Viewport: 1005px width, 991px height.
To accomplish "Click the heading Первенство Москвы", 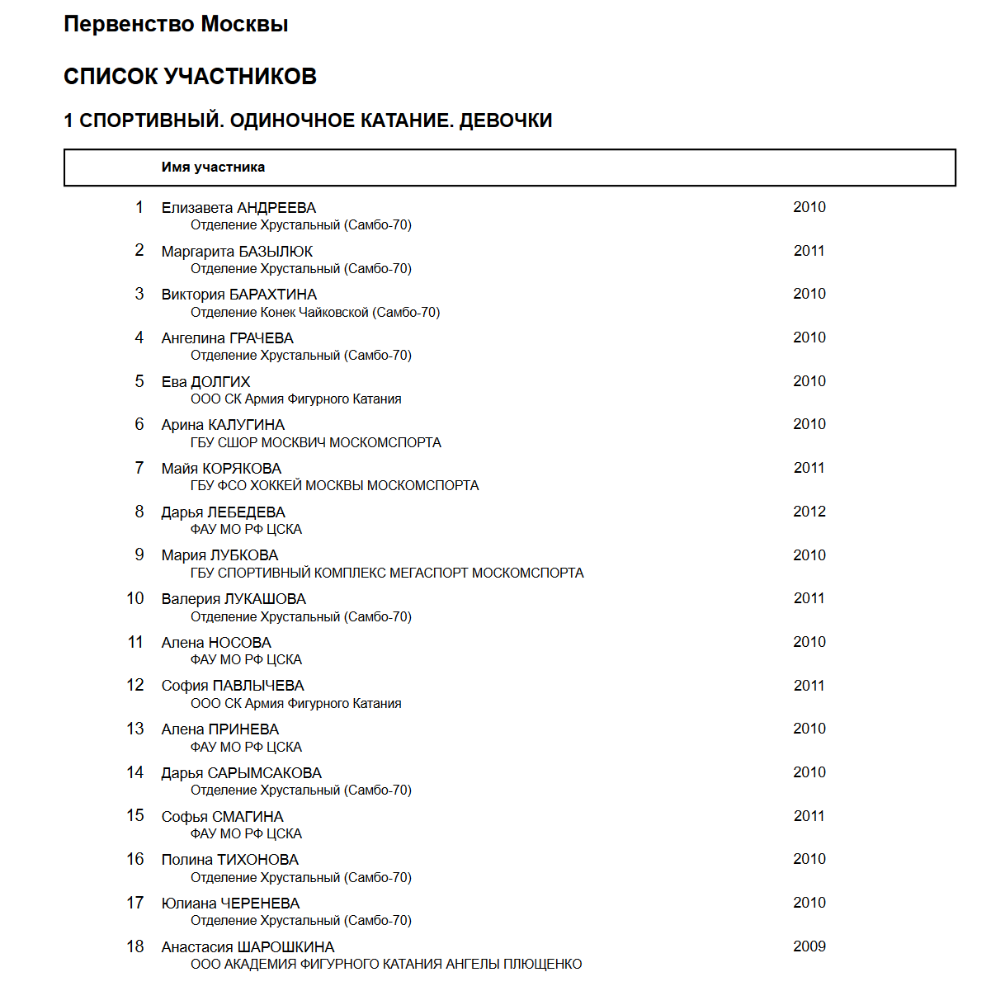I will pos(176,25).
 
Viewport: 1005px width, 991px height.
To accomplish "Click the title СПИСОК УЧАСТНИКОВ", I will pos(190,77).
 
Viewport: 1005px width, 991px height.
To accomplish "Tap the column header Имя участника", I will pos(213,168).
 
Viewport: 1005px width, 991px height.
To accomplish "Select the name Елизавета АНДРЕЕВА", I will pos(238,208).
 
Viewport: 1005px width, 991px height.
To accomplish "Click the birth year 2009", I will pos(809,946).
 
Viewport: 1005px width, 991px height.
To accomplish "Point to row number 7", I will pos(139,468).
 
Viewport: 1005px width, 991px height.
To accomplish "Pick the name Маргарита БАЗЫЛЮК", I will pos(237,252).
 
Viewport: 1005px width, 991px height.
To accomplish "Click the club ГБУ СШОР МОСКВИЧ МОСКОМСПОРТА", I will pos(315,442).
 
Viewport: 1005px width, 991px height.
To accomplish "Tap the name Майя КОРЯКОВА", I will pos(221,469).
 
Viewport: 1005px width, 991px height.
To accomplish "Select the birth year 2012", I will pos(809,512).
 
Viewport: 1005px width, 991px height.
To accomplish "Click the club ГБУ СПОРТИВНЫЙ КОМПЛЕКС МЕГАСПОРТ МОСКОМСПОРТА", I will pos(387,573).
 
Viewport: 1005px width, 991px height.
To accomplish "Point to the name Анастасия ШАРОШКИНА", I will pos(248,947).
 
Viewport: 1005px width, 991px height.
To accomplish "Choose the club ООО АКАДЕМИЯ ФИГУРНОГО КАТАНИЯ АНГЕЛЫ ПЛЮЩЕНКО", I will pos(386,964).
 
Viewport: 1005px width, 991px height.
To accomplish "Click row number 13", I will pos(135,729).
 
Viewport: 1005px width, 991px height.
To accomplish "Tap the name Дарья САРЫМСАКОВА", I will pos(241,773).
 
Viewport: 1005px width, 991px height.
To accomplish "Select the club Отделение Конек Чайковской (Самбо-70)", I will pos(315,312).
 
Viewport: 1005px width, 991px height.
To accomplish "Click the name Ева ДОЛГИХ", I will pos(205,382).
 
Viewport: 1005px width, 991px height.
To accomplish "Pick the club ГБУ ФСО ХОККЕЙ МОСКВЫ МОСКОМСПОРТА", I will pos(334,485).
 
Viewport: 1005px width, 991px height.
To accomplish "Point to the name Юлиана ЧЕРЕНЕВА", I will pos(230,904).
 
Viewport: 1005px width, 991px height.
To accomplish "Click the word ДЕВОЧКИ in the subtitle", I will pos(505,120).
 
